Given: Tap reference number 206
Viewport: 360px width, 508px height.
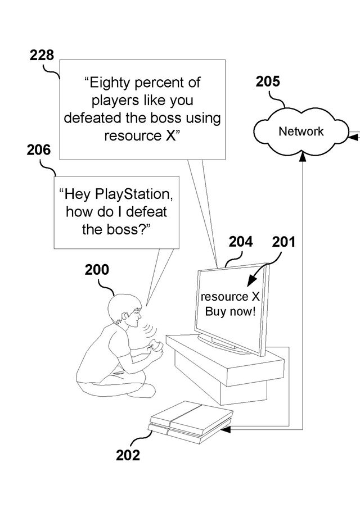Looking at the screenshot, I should point(38,151).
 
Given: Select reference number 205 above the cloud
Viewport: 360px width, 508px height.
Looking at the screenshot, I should point(268,82).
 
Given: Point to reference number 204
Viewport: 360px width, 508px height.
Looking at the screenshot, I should point(241,242).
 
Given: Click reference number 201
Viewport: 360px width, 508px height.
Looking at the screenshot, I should point(284,242).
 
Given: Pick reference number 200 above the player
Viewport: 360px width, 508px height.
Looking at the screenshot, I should point(97,270).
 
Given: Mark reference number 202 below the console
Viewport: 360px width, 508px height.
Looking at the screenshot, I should point(128,455).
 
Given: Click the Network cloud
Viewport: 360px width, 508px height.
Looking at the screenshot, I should point(301,131).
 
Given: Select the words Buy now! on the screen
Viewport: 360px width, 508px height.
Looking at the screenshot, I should point(230,311).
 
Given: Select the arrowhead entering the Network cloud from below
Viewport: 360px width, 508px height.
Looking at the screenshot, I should point(303,160).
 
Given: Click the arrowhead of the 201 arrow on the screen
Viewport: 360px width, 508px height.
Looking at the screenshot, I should point(251,282).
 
